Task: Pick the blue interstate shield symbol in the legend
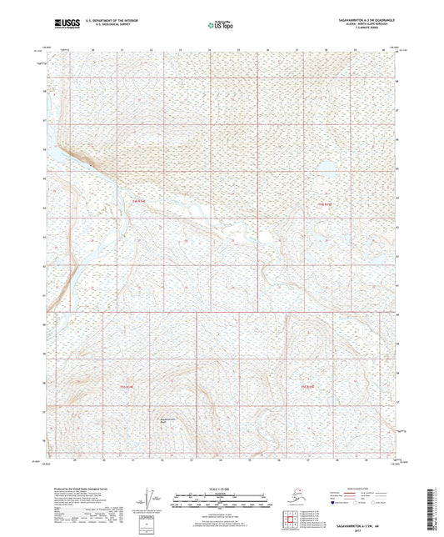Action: (x=335, y=503)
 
